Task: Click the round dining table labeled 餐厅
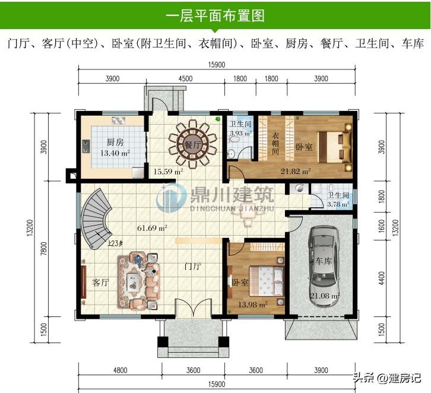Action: pyautogui.click(x=193, y=144)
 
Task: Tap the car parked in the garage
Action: pyautogui.click(x=323, y=266)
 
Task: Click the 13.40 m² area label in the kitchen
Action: pyautogui.click(x=115, y=153)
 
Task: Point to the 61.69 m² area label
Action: pyautogui.click(x=153, y=228)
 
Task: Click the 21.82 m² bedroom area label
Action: pyautogui.click(x=296, y=172)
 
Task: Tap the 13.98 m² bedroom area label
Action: pyautogui.click(x=253, y=305)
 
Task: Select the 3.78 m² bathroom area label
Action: pyautogui.click(x=338, y=204)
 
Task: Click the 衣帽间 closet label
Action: pyautogui.click(x=275, y=143)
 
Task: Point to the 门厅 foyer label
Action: pyautogui.click(x=193, y=267)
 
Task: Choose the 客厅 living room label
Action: pyautogui.click(x=100, y=282)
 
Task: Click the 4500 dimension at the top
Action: pyautogui.click(x=186, y=78)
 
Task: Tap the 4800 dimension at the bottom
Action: pyautogui.click(x=121, y=370)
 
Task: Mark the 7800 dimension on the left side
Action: pyautogui.click(x=44, y=249)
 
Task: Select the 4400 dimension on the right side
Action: pyautogui.click(x=382, y=278)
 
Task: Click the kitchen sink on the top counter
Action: pyautogui.click(x=119, y=121)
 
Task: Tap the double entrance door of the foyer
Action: pyautogui.click(x=194, y=308)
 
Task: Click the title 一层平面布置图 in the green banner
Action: pyautogui.click(x=215, y=15)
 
